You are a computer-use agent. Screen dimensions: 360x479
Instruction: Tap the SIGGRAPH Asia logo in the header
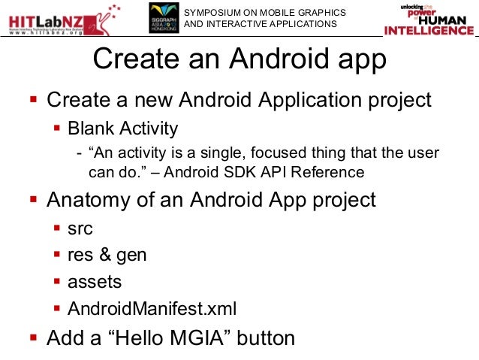pos(163,18)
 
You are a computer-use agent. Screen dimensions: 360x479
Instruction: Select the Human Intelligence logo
pos(429,20)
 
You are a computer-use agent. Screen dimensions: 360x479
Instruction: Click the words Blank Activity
pos(123,128)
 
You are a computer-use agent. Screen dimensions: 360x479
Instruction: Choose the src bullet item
pos(80,228)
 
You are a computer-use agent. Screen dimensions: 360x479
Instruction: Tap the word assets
pos(95,282)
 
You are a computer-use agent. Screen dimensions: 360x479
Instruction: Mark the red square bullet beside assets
pos(58,283)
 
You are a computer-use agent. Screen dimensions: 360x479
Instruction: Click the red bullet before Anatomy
pos(33,201)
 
